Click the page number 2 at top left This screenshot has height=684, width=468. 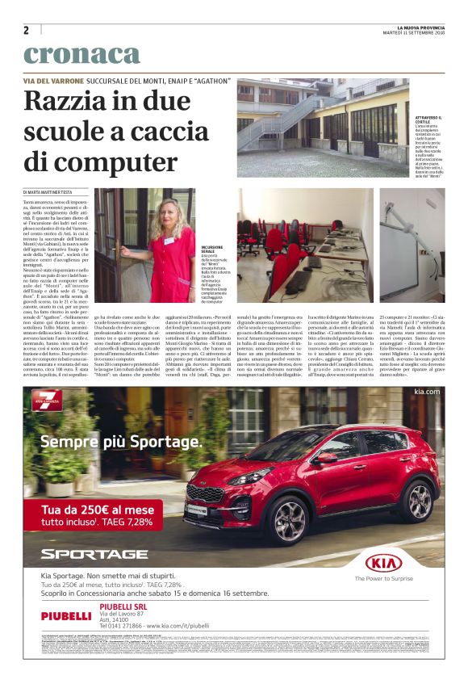pyautogui.click(x=27, y=31)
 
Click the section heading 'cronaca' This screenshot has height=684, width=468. pyautogui.click(x=81, y=55)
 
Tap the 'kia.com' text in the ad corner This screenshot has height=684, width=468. pyautogui.click(x=426, y=392)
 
